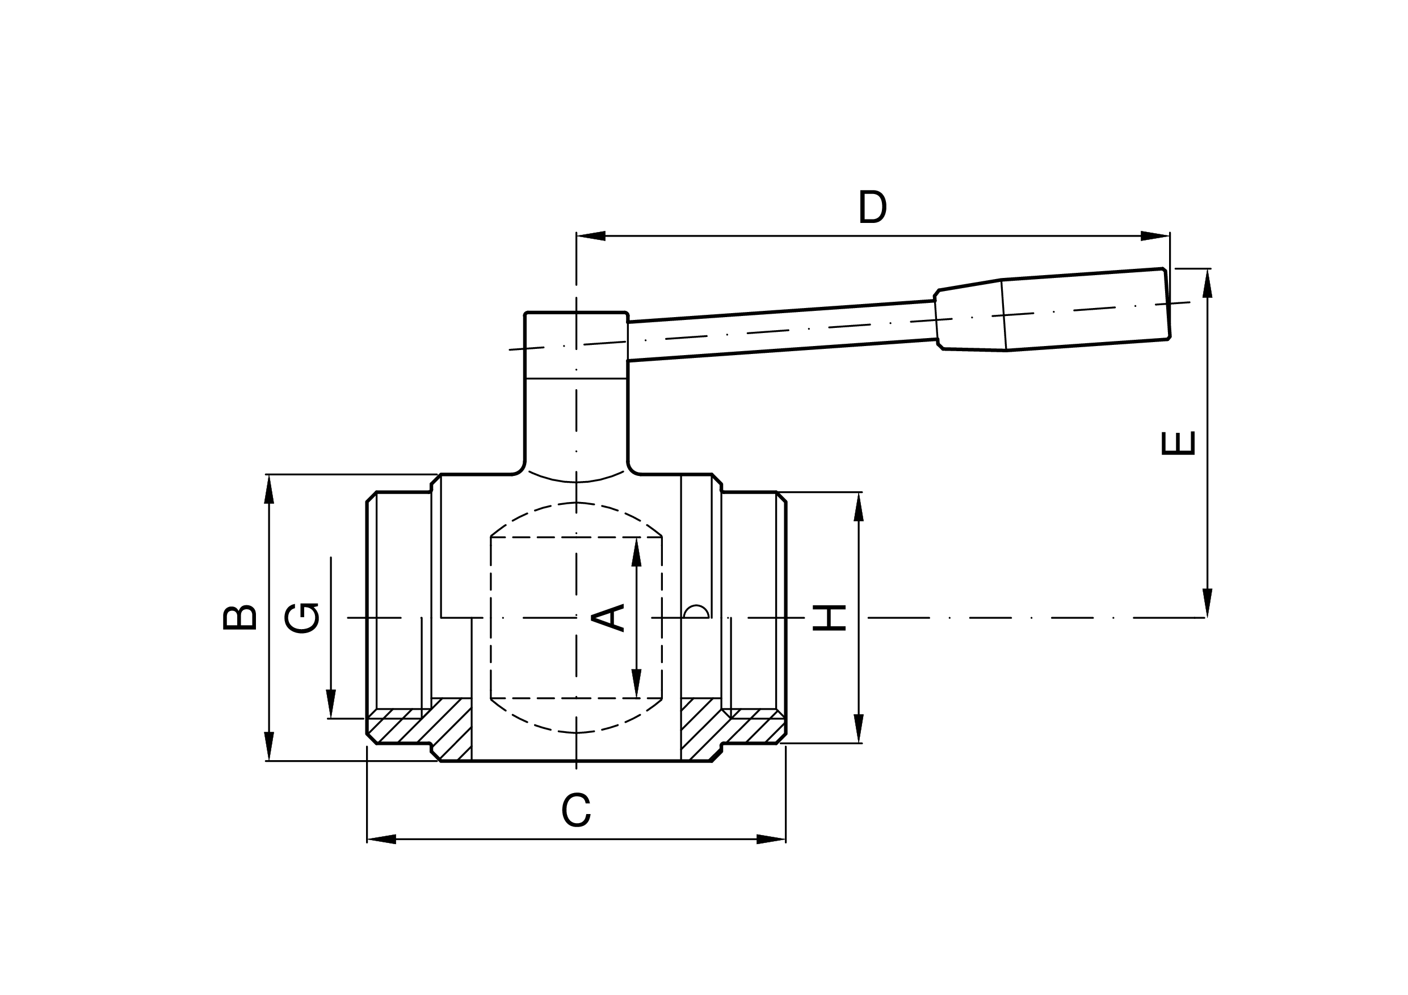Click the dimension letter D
[872, 207]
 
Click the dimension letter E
[1178, 443]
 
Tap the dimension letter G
[302, 618]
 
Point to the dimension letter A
[607, 617]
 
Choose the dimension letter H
[829, 618]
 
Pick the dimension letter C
[576, 810]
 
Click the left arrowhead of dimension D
[590, 236]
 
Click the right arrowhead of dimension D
[1156, 236]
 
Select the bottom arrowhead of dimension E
[1208, 603]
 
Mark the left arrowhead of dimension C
[381, 839]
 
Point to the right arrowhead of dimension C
[771, 839]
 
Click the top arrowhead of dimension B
[268, 488]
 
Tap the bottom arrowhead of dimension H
[859, 728]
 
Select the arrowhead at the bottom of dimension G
[331, 704]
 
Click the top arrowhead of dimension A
[637, 552]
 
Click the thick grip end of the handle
[1086, 310]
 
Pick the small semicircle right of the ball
[696, 612]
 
